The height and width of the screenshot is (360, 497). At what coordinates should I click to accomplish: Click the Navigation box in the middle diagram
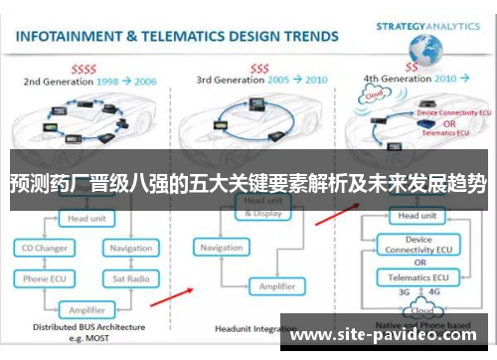223,248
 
